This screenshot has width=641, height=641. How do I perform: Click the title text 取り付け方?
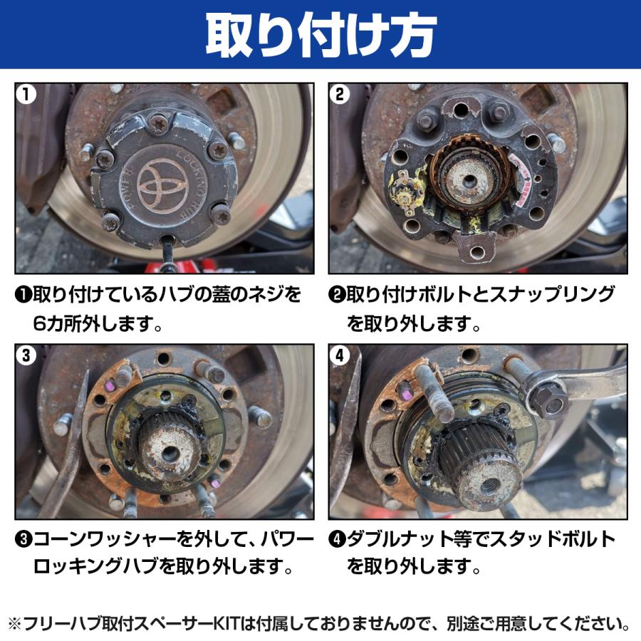320,35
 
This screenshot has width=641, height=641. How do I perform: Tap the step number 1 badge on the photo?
26,95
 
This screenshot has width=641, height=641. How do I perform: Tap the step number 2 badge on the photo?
340,95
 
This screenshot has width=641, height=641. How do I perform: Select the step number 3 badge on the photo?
26,356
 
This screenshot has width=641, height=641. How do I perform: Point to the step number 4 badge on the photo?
340,356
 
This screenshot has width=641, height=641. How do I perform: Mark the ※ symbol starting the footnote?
15,625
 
